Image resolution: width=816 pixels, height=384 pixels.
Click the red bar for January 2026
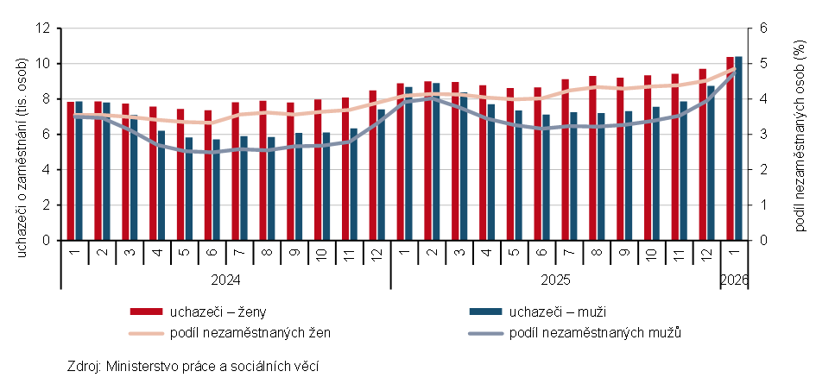tap(730, 148)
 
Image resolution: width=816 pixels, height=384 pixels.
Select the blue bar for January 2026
tap(738, 148)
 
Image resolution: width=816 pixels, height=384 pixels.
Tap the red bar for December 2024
tap(372, 165)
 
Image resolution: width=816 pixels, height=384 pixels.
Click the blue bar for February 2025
tap(436, 161)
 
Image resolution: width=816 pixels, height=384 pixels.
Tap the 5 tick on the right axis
tap(762, 64)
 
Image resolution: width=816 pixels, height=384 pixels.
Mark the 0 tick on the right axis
tap(762, 241)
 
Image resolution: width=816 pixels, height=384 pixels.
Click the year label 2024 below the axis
tap(225, 280)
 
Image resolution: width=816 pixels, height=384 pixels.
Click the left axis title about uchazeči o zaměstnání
tap(22, 135)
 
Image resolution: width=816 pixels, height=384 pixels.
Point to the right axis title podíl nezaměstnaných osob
tap(798, 135)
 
